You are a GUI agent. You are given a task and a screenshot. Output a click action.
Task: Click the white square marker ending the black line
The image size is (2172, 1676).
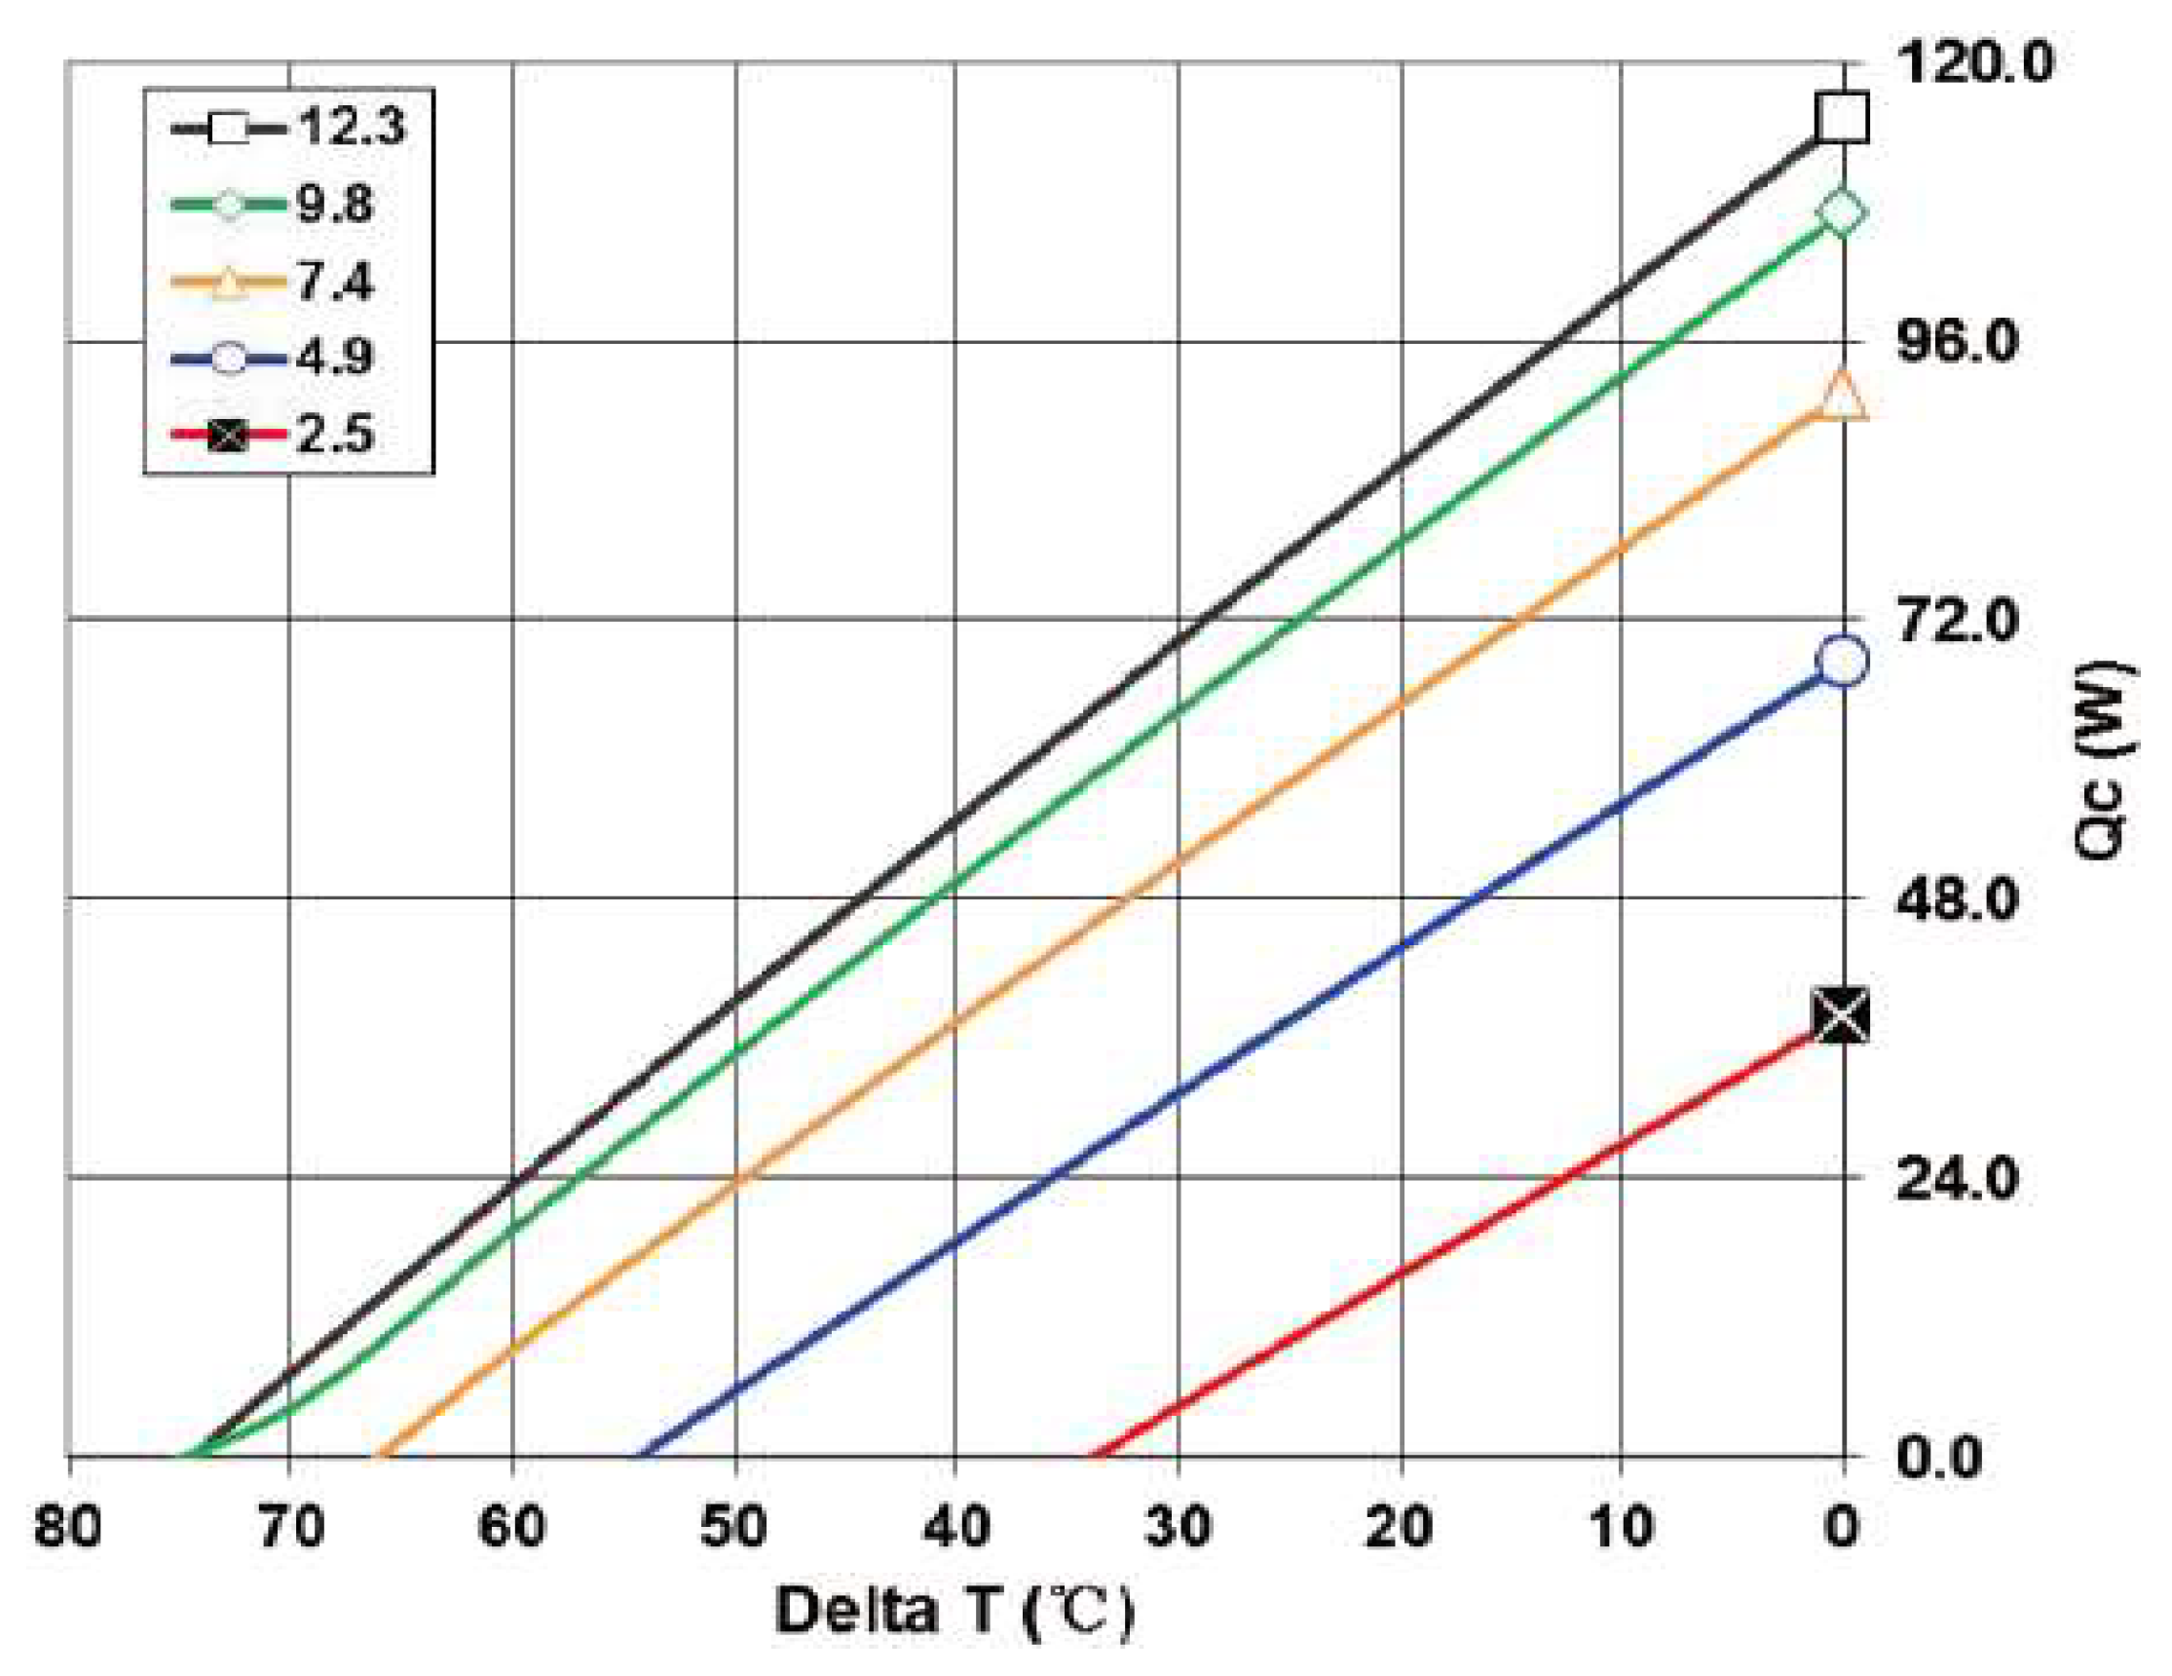coord(1842,117)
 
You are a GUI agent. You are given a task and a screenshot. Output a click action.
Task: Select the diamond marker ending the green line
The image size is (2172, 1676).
coord(1842,211)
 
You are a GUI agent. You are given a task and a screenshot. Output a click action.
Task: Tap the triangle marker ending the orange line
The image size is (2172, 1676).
coord(1842,396)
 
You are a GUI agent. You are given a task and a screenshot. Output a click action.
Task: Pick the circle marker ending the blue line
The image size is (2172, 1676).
coord(1842,661)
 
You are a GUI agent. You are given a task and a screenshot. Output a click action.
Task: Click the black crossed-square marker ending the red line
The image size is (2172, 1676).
coord(1842,1016)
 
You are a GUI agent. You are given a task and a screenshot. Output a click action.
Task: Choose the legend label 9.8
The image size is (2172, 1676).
coord(335,204)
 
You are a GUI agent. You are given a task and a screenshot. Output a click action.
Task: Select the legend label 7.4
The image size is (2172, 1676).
coord(335,282)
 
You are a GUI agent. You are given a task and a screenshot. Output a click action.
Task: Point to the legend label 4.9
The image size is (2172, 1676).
coord(335,357)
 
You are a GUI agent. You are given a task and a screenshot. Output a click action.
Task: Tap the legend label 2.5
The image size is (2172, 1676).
coord(335,435)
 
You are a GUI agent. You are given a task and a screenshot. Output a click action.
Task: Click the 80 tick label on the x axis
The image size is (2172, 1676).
coord(67,1526)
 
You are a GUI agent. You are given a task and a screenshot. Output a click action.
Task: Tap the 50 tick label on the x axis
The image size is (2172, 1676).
coord(734,1526)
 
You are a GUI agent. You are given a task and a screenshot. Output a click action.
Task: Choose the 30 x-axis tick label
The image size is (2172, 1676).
coord(1178,1526)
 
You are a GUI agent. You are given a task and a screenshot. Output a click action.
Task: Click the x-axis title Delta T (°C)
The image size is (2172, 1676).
coord(955,1613)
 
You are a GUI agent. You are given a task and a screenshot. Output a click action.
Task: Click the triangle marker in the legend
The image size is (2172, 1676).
coord(229,283)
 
